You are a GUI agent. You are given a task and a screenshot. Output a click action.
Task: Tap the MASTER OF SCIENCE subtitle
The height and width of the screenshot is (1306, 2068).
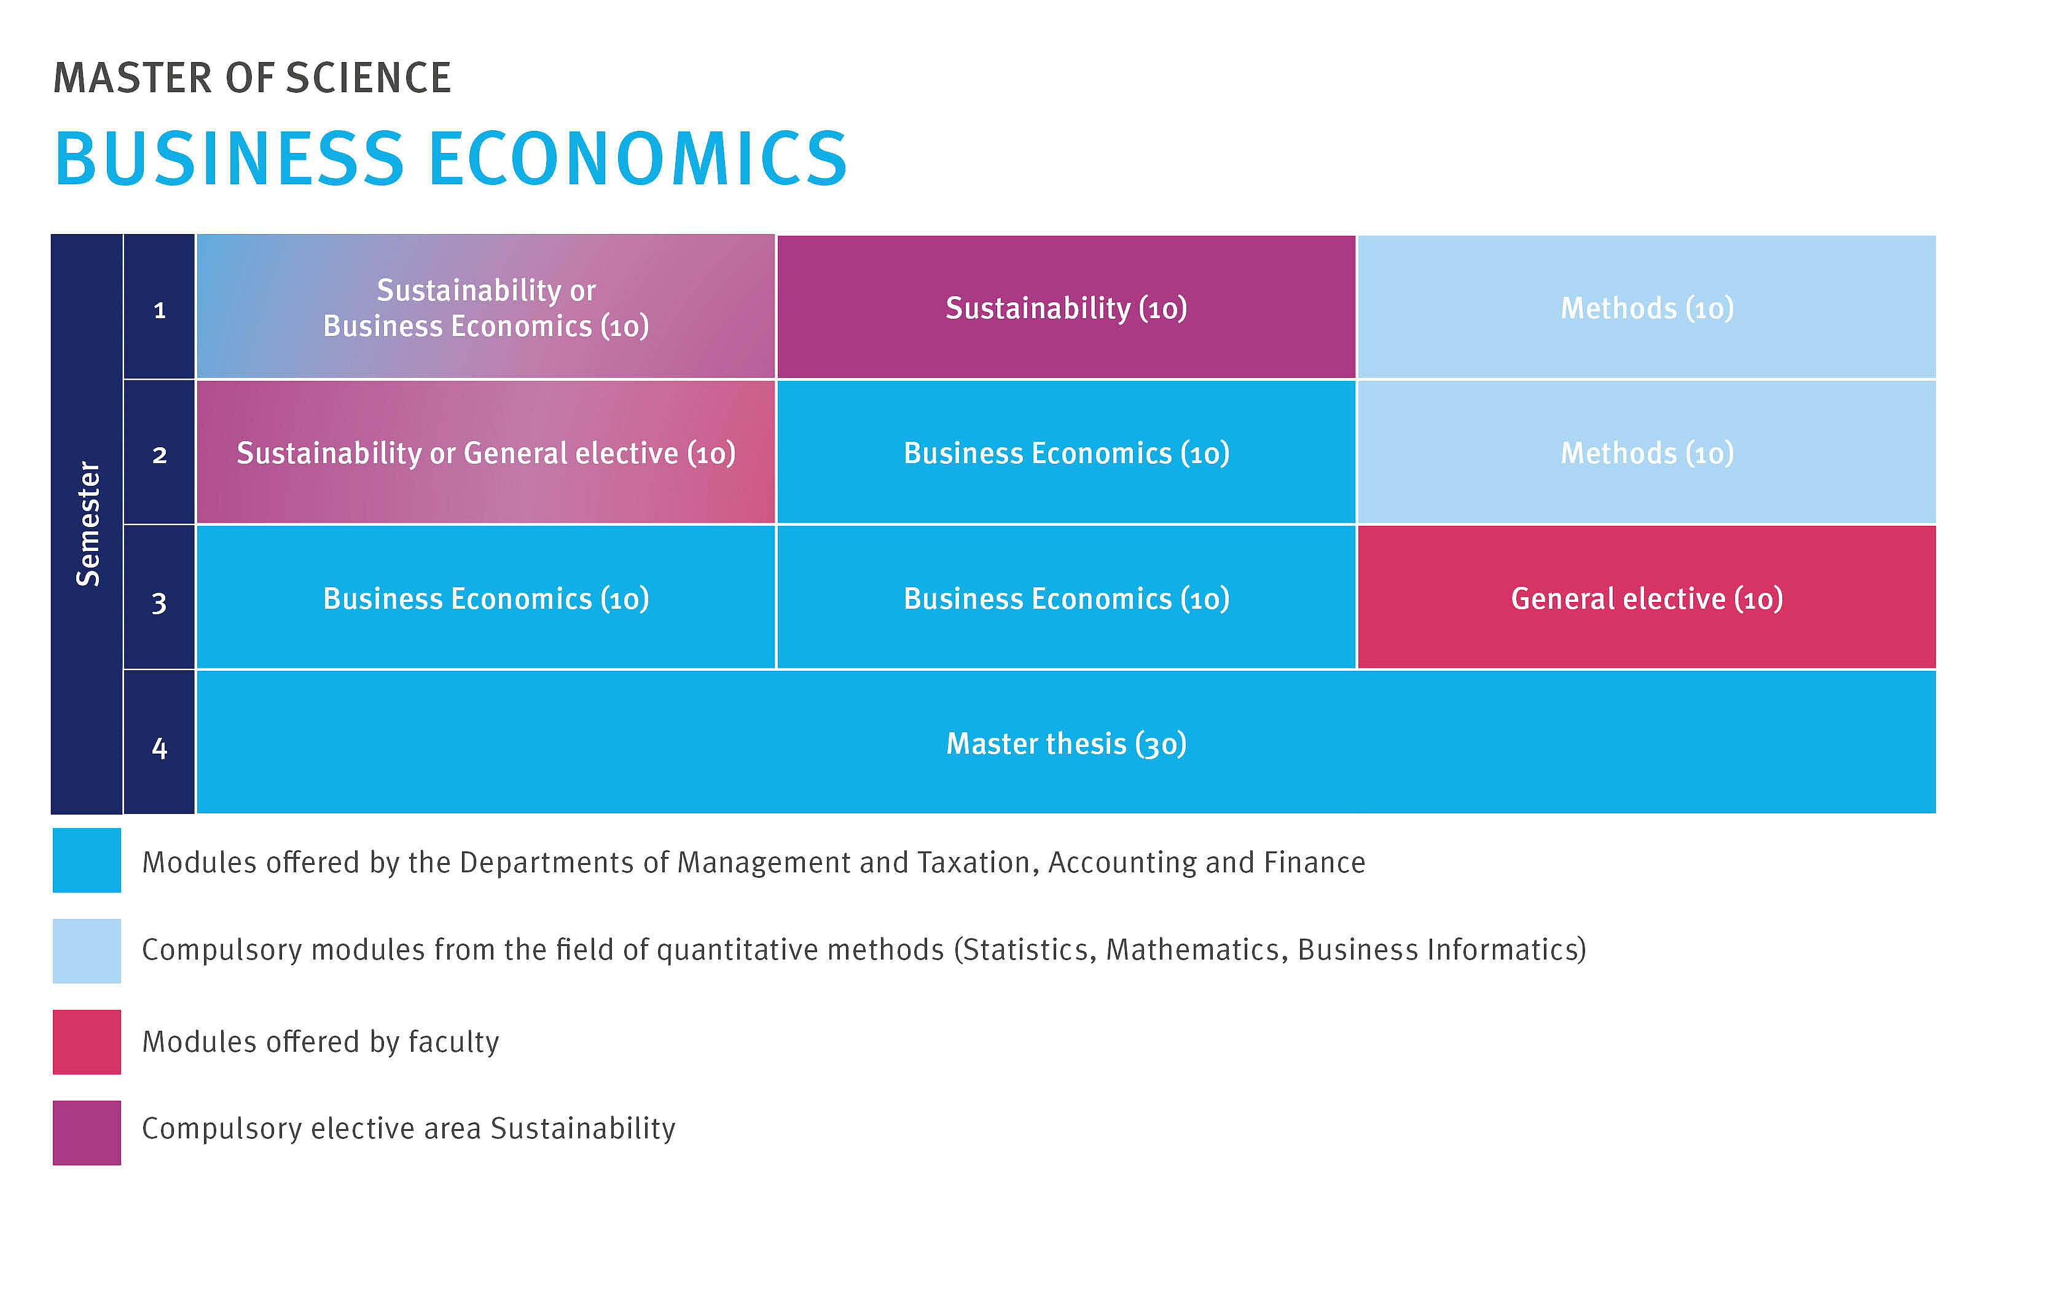[252, 77]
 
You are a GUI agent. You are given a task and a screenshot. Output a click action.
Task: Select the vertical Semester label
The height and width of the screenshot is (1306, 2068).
[88, 524]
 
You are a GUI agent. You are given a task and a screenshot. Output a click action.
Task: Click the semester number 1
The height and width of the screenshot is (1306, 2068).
[159, 310]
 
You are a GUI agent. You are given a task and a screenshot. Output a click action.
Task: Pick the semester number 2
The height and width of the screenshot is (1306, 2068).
[159, 455]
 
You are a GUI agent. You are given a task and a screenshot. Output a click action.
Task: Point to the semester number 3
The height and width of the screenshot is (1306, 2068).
[159, 602]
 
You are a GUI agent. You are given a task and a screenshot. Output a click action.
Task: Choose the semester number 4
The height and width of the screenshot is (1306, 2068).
[159, 747]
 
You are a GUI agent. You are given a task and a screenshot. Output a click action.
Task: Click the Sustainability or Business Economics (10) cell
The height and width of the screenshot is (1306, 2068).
[486, 307]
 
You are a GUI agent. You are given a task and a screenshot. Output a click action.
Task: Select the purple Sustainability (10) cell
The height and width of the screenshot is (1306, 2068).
[1066, 307]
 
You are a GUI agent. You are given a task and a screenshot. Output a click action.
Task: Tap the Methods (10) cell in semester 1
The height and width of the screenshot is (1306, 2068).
[1647, 307]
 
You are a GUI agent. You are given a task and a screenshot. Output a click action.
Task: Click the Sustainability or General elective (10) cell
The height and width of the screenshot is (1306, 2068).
[486, 452]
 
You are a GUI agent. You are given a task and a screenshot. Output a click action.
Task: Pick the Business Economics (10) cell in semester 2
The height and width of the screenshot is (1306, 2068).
[1066, 452]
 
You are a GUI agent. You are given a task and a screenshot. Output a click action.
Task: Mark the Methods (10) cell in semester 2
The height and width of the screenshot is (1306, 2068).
[1647, 452]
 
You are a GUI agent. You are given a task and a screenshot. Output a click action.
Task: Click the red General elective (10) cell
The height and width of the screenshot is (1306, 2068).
[1647, 596]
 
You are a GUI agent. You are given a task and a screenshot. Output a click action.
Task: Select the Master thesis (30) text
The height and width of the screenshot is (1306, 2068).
[1066, 743]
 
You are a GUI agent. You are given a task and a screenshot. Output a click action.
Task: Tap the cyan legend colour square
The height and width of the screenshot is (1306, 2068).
[87, 861]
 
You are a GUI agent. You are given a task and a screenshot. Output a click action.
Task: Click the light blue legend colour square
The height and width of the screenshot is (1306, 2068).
[87, 950]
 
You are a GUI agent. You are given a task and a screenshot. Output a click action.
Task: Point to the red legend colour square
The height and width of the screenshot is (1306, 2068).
[87, 1041]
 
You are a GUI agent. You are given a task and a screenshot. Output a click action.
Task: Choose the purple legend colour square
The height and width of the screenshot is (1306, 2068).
[87, 1133]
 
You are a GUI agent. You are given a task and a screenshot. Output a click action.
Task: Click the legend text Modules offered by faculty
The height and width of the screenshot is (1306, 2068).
[320, 1041]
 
